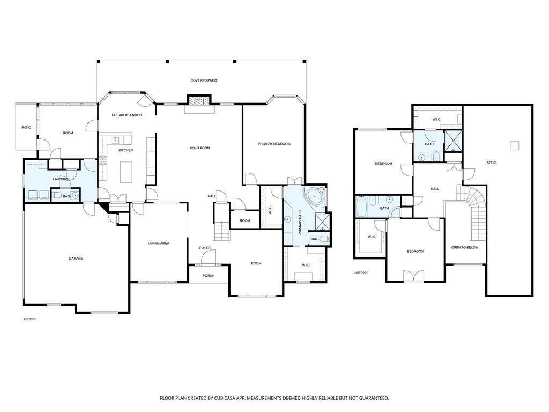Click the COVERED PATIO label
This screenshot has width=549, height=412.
tap(204, 80)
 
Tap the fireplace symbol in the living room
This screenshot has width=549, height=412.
tap(199, 100)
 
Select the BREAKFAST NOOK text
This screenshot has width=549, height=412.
tap(127, 115)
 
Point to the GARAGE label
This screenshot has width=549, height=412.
tap(76, 259)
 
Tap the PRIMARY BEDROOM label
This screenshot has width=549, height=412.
tap(274, 144)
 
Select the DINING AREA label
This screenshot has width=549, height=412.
tap(159, 244)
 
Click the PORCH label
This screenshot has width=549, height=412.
tap(209, 276)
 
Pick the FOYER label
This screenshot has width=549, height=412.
tap(205, 248)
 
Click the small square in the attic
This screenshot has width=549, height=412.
tap(514, 145)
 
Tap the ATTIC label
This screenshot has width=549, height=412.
tap(491, 163)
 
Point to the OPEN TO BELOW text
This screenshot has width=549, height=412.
tap(465, 248)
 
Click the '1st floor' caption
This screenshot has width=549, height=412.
tap(29, 319)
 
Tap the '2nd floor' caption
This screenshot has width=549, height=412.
tap(360, 273)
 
